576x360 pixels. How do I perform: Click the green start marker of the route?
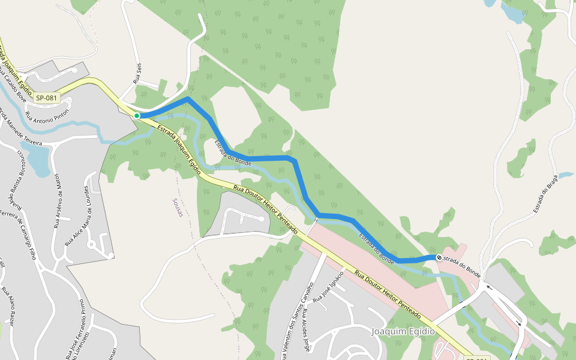137,115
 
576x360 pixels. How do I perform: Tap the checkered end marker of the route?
439,257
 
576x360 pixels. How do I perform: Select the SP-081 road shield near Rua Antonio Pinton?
46,98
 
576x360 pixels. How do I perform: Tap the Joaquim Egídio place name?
403,331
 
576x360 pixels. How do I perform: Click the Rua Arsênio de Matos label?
57,201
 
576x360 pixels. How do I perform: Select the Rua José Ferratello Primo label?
75,330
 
